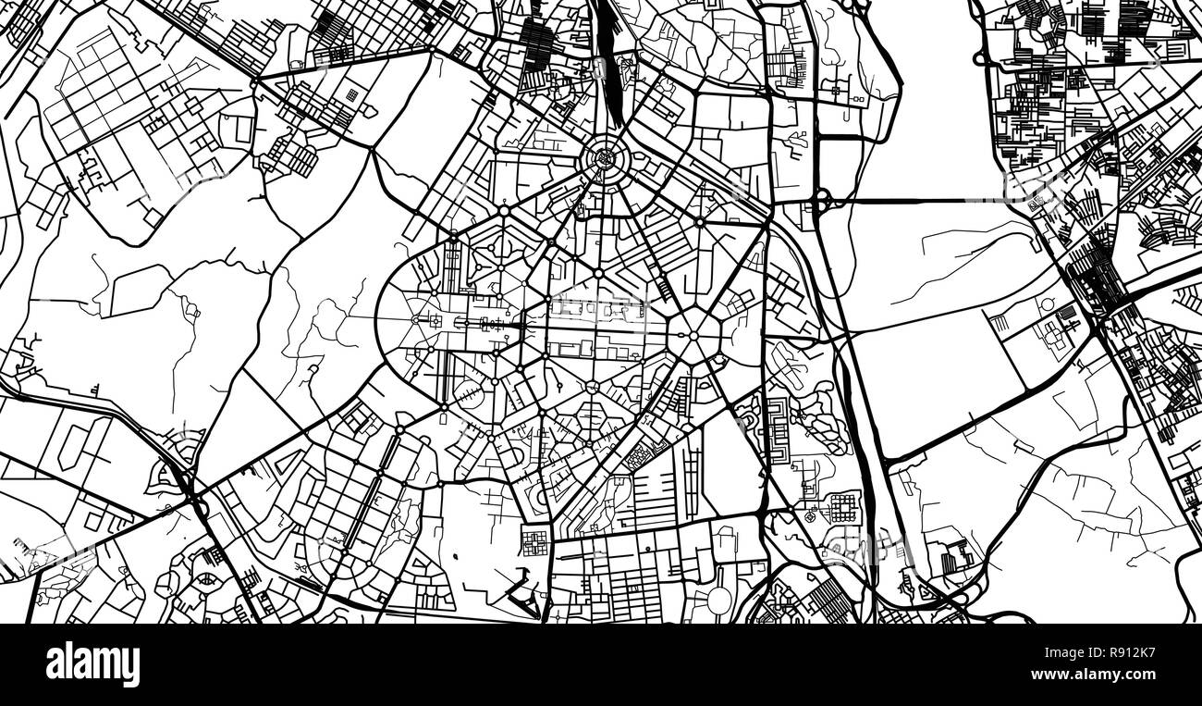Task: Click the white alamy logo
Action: click(x=92, y=664)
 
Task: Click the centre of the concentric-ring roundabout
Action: click(x=607, y=160)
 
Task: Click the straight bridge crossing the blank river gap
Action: click(x=915, y=200)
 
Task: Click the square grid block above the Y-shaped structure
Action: click(x=534, y=540)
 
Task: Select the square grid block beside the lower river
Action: click(x=843, y=507)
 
